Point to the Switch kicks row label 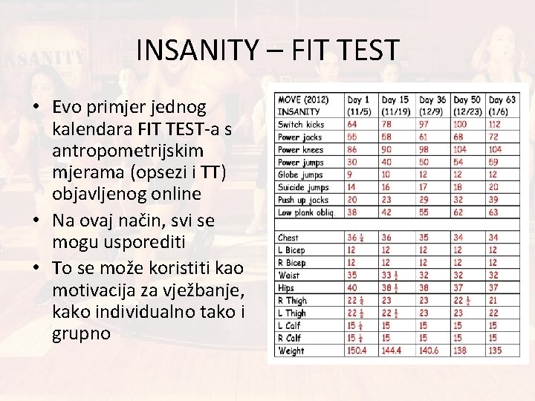(x=302, y=125)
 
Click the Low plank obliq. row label (x=306, y=212)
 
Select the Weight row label (x=291, y=351)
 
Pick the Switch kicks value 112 (x=493, y=125)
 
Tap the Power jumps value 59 (x=493, y=163)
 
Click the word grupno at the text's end (x=82, y=333)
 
